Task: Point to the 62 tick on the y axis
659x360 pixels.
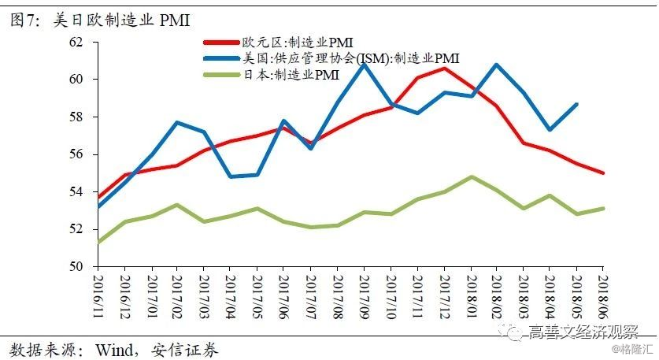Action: tap(76, 42)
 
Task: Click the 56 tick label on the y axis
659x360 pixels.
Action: tap(76, 154)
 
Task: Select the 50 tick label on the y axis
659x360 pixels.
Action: tap(76, 267)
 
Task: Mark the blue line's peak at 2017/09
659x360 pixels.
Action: tap(364, 64)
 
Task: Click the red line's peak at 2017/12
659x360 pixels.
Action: tap(444, 69)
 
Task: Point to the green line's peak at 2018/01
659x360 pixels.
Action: tap(471, 176)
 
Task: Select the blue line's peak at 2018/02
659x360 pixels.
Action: tap(497, 65)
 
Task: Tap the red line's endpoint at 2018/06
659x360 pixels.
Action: tap(604, 173)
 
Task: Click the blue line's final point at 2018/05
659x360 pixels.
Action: tap(577, 104)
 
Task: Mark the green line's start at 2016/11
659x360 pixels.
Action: tap(98, 243)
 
